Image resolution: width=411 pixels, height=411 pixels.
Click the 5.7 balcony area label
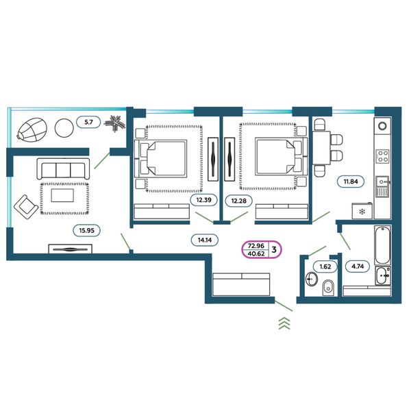pyautogui.click(x=88, y=122)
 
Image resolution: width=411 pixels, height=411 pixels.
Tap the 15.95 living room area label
pyautogui.click(x=86, y=230)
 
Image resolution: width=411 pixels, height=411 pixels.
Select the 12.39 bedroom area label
pyautogui.click(x=203, y=200)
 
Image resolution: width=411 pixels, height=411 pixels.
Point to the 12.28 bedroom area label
pyautogui.click(x=239, y=201)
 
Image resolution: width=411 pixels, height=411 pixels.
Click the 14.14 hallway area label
pyautogui.click(x=204, y=240)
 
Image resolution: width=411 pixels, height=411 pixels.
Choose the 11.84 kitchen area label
pyautogui.click(x=351, y=181)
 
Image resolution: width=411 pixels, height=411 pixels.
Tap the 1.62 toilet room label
pyautogui.click(x=325, y=266)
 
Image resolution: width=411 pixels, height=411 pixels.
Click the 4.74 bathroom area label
pyautogui.click(x=358, y=266)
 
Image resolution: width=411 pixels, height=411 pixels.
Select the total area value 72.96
pyautogui.click(x=256, y=246)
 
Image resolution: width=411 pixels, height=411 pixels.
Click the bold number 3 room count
pyautogui.click(x=274, y=249)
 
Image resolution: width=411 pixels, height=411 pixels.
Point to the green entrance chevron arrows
pyautogui.click(x=284, y=323)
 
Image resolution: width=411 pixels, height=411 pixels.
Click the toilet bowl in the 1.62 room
pyautogui.click(x=328, y=288)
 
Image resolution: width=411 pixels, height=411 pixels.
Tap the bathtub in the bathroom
pyautogui.click(x=383, y=245)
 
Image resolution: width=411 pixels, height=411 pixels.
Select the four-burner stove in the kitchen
pyautogui.click(x=383, y=156)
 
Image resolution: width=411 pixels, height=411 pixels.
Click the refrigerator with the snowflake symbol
pyautogui.click(x=362, y=210)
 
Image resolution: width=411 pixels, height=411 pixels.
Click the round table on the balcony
pyautogui.click(x=64, y=127)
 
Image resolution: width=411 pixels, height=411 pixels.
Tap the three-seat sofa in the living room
pyautogui.click(x=63, y=169)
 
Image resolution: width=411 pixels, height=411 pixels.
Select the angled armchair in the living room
pyautogui.click(x=26, y=207)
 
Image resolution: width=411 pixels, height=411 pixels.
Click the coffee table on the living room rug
pyautogui.click(x=62, y=195)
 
